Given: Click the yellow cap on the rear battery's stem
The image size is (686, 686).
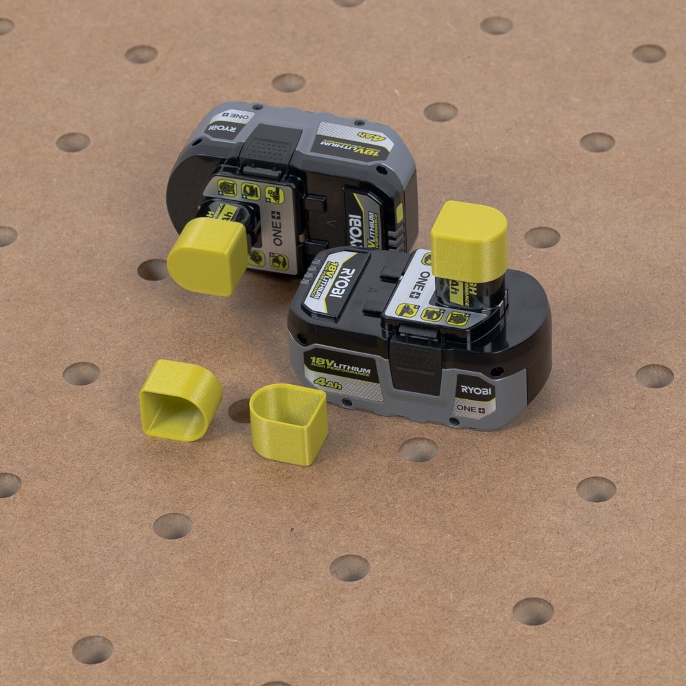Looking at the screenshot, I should point(207,257).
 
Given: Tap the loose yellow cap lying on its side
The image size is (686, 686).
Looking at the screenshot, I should point(180,399).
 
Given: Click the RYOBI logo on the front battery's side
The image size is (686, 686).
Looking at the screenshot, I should point(476,390).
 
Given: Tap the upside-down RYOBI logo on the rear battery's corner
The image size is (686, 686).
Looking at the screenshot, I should point(228,127).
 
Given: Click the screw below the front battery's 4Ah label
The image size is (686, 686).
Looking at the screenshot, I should point(346,401).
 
